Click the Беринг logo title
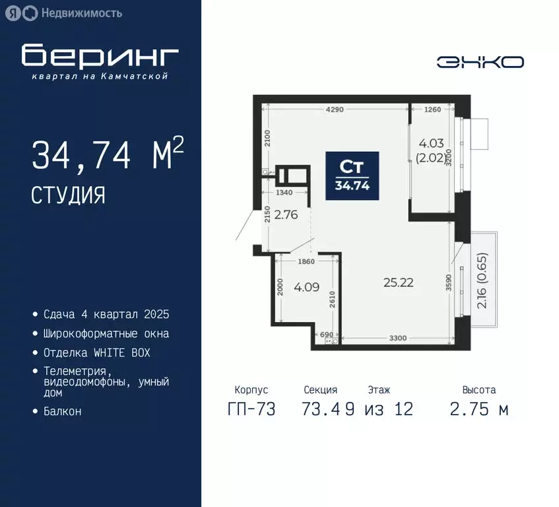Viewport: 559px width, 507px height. [100, 56]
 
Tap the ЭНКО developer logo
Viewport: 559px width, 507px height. [480, 62]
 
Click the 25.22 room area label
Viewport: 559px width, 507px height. [398, 283]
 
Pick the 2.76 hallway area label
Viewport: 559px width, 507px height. [287, 214]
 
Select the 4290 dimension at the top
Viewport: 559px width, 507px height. [334, 110]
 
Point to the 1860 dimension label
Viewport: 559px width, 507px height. [306, 261]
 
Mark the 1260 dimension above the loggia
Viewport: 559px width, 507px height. [432, 110]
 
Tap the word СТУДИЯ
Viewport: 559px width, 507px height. [68, 195]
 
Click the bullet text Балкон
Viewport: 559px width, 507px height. [63, 411]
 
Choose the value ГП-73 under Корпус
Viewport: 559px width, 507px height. [251, 409]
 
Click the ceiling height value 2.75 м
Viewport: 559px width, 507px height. [479, 409]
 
